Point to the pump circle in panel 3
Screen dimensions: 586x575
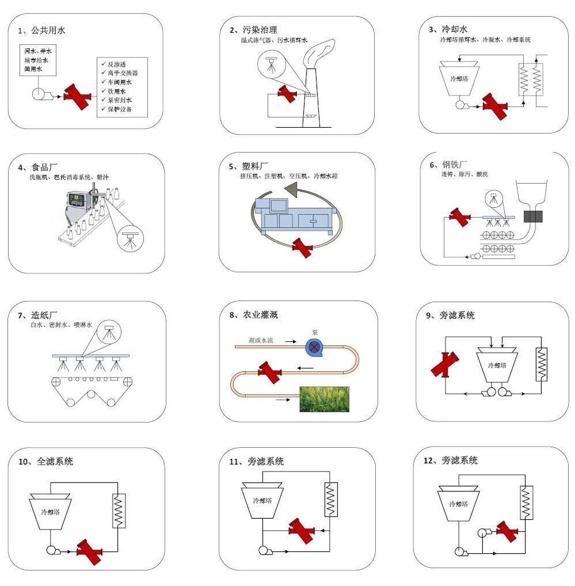click(x=460, y=105)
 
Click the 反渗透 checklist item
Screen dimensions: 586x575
click(x=119, y=64)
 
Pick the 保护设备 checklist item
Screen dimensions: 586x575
click(x=119, y=108)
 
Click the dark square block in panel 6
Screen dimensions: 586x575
click(x=533, y=216)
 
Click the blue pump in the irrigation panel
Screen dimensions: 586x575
click(x=315, y=346)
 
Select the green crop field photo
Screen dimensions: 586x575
click(x=323, y=399)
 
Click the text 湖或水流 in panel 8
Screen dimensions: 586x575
click(x=261, y=341)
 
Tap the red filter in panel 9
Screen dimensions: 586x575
click(x=445, y=364)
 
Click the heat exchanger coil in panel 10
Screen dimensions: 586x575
click(x=119, y=510)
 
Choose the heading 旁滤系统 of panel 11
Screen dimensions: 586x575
click(x=265, y=462)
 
